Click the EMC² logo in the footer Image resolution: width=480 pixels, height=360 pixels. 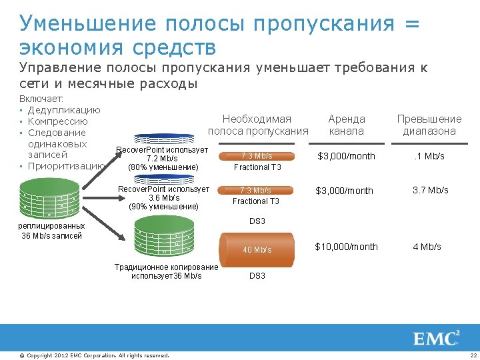pos(437,338)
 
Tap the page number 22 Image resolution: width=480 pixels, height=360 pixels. pos(473,355)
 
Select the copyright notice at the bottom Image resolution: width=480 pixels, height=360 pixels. pos(94,355)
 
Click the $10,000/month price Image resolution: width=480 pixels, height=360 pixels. pos(347,247)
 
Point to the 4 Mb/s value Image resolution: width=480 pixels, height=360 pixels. pos(427,247)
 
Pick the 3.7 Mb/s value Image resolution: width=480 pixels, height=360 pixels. pos(430,190)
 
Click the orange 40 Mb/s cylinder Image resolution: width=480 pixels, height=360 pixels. pos(257,249)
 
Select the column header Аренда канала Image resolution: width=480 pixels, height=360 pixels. pos(347,125)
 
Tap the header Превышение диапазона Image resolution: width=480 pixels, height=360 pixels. pos(429,125)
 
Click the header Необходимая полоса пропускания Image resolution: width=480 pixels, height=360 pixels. pos(257,125)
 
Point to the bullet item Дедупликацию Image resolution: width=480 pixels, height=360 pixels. pos(64,110)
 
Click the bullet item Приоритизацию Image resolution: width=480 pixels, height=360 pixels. pos(66,166)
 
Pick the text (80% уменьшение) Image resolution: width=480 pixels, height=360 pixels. pos(163,167)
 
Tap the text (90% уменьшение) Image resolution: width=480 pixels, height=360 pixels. pos(163,207)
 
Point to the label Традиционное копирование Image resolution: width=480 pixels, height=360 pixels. pos(166,267)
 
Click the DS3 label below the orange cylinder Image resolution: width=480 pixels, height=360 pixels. pos(257,275)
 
